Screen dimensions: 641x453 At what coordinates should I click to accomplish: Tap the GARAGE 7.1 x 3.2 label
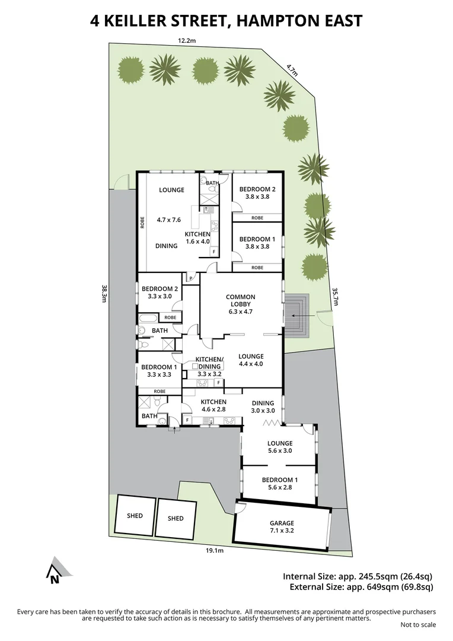coord(283,526)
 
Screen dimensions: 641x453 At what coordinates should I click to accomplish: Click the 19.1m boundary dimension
coord(215,550)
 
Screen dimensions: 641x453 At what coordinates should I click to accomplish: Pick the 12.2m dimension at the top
coord(187,40)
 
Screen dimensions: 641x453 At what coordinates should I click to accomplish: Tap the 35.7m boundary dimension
coord(336,296)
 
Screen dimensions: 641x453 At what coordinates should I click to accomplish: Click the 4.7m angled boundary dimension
coord(291,70)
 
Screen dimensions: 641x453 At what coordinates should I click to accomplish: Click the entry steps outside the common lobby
coord(296,315)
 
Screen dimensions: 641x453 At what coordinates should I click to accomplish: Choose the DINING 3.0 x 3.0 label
coord(263,406)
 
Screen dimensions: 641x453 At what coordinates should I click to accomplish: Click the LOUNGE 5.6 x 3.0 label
coord(280,447)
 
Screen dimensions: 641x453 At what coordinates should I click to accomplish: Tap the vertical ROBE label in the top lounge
coord(142,222)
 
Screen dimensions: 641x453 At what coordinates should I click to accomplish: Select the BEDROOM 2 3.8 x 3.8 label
coord(257,193)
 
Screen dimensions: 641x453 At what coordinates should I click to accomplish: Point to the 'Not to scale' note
coord(418,624)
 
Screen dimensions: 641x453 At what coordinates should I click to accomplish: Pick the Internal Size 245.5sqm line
coord(358,576)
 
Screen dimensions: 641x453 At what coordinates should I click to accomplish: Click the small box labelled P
coord(191,277)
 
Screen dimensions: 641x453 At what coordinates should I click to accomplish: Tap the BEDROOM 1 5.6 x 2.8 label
coord(280,484)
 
